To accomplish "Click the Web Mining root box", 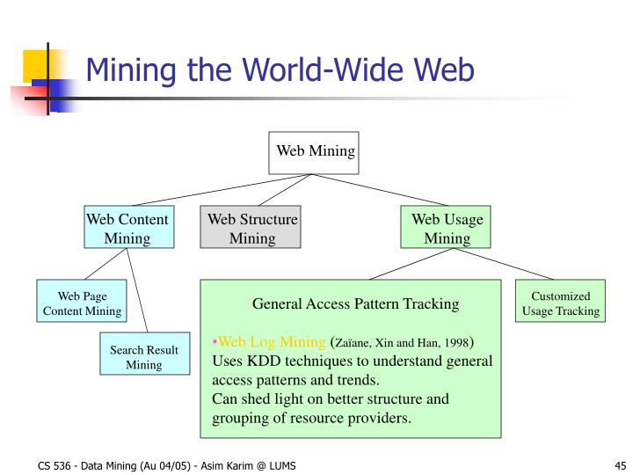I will (315, 152).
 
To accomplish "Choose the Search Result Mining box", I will (143, 356).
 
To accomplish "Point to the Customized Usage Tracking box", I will (560, 303).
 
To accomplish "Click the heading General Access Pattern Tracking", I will (355, 304).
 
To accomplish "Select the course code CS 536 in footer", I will (55, 465).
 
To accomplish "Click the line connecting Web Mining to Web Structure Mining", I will (284, 190).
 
